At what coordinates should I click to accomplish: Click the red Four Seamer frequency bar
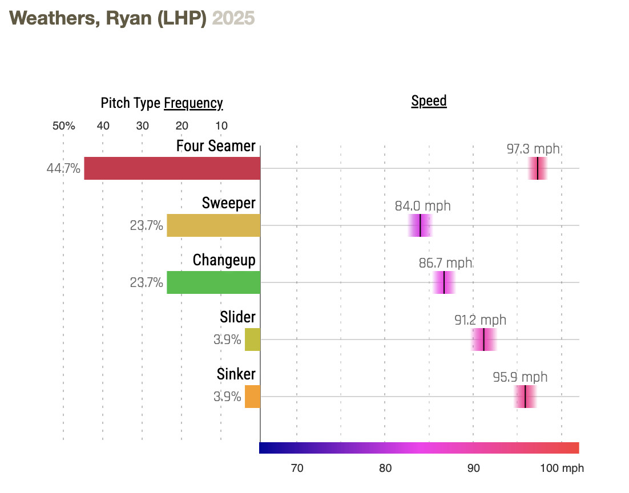coord(172,168)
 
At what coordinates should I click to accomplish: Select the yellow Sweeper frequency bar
coord(213,225)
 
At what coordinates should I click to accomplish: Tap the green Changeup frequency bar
coord(213,282)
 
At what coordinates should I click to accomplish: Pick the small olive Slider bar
coord(252,340)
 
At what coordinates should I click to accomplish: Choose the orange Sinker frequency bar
coord(252,397)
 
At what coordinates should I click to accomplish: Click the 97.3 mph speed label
coord(533,149)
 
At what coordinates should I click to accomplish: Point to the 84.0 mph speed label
coord(422,206)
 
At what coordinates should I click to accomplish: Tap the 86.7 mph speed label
coord(445,263)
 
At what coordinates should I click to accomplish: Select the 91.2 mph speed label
coord(480,320)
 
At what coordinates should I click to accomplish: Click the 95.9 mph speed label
coord(520,377)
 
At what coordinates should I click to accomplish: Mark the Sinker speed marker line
coord(525,397)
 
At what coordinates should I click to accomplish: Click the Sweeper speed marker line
coord(420,225)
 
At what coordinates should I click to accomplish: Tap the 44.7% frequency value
coord(63,169)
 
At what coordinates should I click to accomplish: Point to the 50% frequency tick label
coord(63,126)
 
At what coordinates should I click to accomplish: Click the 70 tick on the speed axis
coord(297,468)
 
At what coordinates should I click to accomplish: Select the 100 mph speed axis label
coord(562,468)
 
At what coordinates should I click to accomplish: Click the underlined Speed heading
coord(429,102)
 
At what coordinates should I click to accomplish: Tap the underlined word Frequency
coord(193,103)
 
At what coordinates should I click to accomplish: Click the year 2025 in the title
coord(233,19)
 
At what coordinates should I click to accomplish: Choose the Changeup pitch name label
coord(224,260)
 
